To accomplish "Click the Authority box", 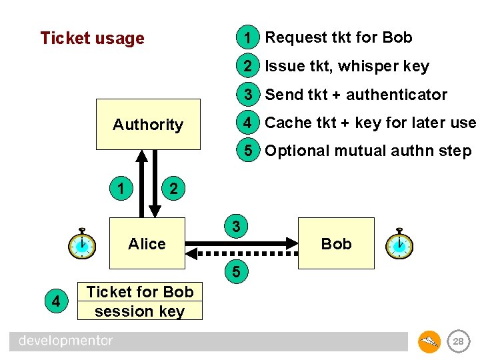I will (x=148, y=125).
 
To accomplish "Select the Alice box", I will (x=147, y=244).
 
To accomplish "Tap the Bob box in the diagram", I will (x=336, y=244).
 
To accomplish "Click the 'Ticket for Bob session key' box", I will (x=140, y=301).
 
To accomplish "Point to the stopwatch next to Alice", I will (x=82, y=244).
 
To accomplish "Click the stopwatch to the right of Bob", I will (x=399, y=244).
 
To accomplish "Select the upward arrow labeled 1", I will (x=141, y=183).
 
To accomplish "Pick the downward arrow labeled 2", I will (x=155, y=183).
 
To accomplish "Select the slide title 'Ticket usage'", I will (x=92, y=38).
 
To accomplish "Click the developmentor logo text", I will (x=66, y=341).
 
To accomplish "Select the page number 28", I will (x=458, y=341).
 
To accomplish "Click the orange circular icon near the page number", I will (x=429, y=341).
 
